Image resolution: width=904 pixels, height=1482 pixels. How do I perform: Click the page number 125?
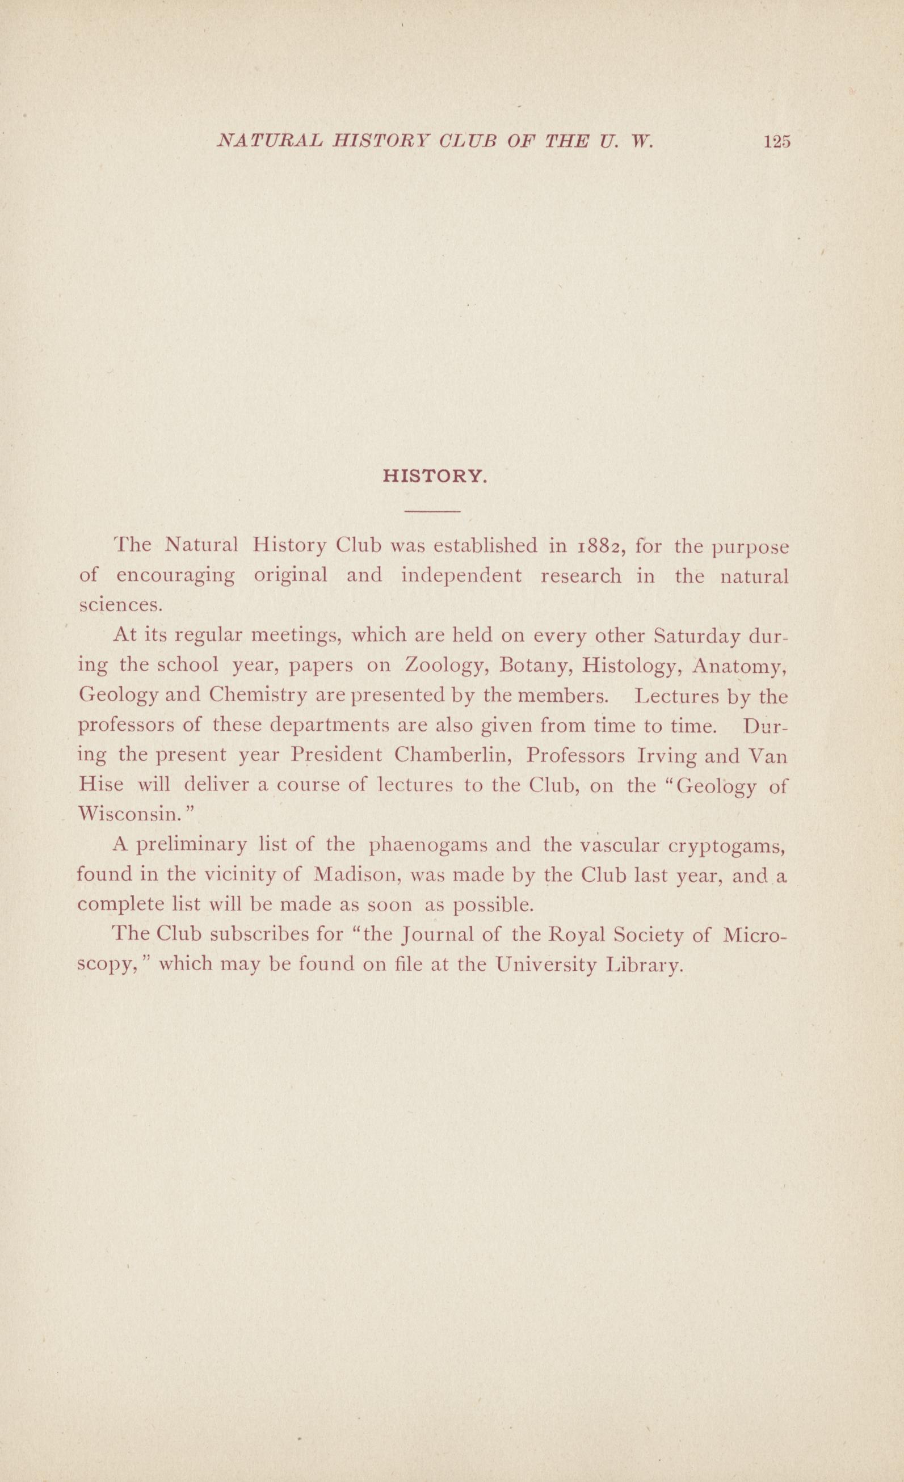tap(776, 142)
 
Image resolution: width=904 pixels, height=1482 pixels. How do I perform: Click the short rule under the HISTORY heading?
tap(432, 511)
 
